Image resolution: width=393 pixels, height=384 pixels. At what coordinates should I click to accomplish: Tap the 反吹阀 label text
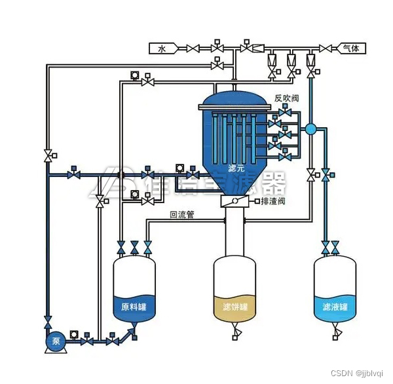[286, 98]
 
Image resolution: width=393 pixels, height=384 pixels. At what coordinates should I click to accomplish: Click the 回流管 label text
[181, 214]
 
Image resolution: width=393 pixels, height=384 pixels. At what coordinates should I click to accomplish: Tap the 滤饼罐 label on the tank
[235, 307]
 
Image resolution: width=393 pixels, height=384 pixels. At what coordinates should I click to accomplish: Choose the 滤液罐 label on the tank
[335, 307]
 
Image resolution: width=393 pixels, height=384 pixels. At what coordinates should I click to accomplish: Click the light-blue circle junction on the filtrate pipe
[311, 128]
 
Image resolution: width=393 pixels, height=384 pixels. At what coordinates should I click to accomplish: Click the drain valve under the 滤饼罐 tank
[235, 337]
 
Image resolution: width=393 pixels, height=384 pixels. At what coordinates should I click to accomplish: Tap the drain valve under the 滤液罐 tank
[335, 337]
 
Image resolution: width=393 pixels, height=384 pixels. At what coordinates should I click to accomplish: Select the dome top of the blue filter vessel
[234, 100]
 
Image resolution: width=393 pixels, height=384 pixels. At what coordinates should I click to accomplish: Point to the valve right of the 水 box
[193, 48]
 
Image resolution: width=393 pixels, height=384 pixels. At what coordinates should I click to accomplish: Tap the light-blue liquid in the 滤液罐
[335, 313]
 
